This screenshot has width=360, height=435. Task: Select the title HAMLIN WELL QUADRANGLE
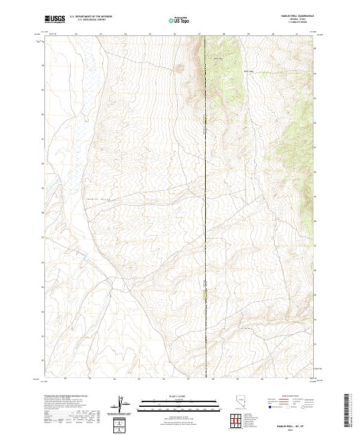(293, 16)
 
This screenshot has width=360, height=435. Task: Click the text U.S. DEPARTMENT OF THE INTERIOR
(91, 16)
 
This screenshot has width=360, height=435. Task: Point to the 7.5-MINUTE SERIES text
(294, 23)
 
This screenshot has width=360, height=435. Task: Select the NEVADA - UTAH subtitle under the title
(293, 20)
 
